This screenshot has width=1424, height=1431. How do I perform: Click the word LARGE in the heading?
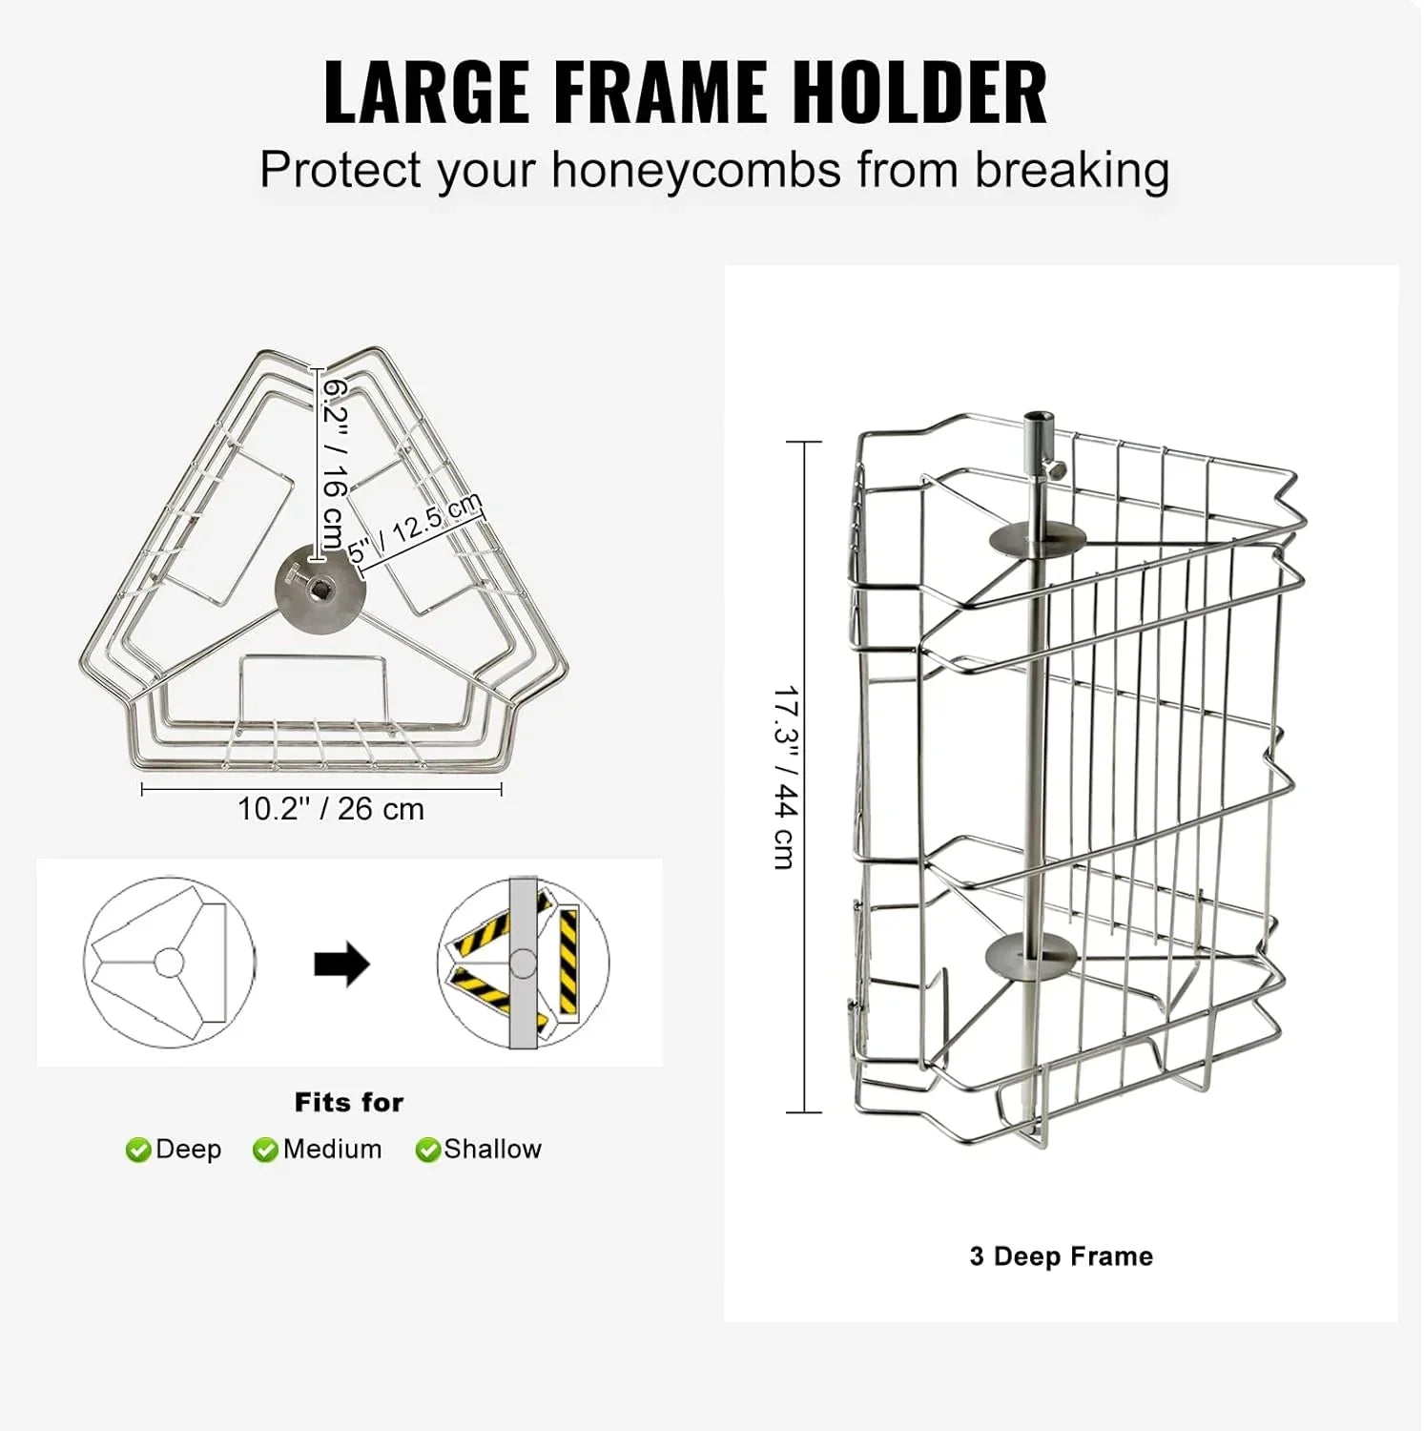(426, 93)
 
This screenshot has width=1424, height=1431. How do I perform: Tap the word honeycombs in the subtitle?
(696, 171)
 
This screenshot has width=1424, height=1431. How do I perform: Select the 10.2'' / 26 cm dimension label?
(330, 809)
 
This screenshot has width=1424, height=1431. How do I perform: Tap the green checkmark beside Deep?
(138, 1151)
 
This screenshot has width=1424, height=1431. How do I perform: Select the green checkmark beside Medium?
(265, 1151)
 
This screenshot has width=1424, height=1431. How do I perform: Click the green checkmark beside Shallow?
(428, 1151)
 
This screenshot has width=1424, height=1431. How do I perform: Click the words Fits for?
(349, 1103)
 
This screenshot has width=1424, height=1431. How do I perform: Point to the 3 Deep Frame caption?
(1061, 1256)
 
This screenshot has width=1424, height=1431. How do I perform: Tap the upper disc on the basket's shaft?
(1038, 538)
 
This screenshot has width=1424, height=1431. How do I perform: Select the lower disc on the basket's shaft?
(1030, 952)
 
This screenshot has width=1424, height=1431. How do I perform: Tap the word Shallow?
(492, 1150)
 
